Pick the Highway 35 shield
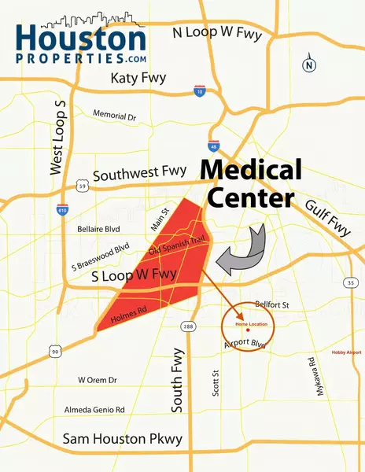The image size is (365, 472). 351,282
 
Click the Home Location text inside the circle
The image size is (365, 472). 253,325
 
